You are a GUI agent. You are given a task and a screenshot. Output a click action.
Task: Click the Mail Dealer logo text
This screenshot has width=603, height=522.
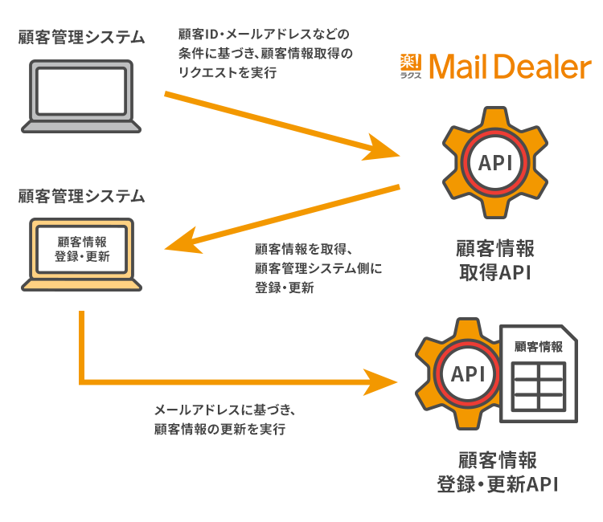tap(510, 67)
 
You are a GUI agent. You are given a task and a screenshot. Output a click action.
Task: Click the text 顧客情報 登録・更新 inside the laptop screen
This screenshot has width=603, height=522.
tap(81, 249)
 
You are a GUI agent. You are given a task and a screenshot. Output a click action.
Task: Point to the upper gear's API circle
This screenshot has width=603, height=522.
tap(495, 164)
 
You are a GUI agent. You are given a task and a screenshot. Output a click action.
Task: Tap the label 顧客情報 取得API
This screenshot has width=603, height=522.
tap(495, 259)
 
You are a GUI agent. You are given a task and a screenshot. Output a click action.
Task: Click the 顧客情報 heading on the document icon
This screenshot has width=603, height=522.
tap(538, 347)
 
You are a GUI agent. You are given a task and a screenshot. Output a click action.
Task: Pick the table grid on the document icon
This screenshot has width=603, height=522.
tap(538, 386)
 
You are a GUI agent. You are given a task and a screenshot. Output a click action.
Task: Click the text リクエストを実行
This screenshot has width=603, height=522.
tap(228, 72)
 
